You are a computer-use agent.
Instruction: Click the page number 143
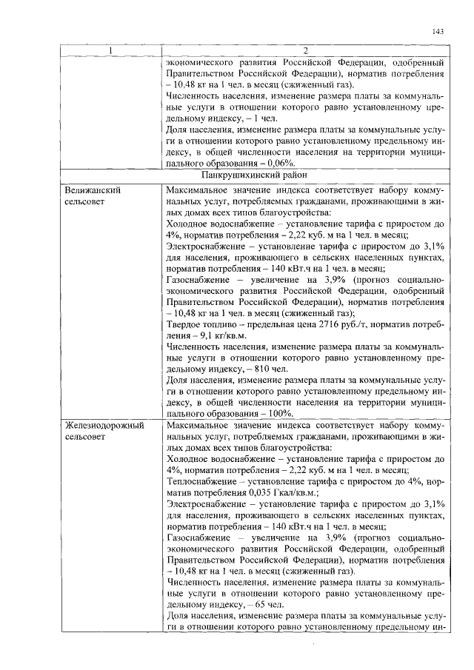click(x=437, y=31)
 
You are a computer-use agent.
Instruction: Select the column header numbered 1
click(x=110, y=50)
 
